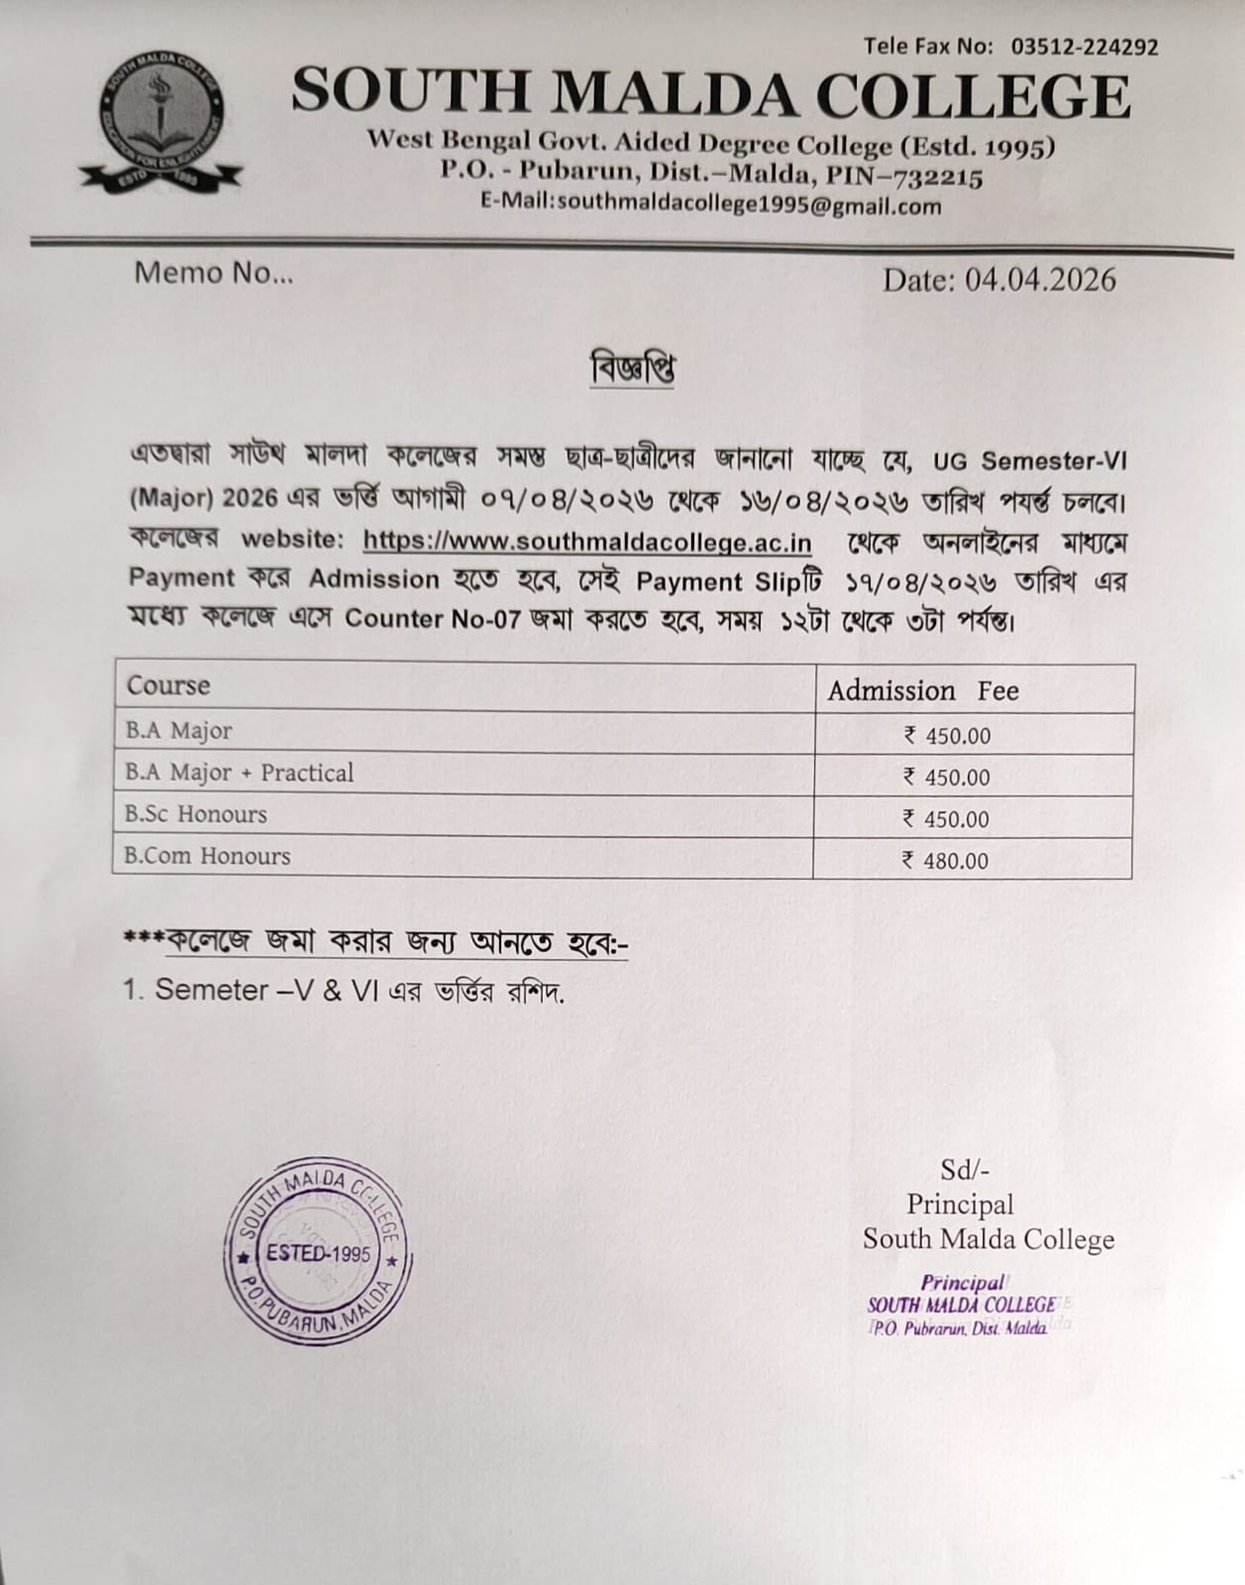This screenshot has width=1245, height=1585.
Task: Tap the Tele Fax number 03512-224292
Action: [x=1085, y=47]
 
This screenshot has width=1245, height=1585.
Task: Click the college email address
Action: [x=749, y=206]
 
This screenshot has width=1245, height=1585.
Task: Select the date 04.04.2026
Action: [x=1040, y=280]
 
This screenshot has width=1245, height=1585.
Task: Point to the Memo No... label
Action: [x=214, y=273]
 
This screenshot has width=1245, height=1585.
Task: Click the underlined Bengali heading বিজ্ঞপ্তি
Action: [x=632, y=370]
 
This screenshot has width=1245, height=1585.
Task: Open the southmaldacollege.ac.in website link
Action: [x=587, y=542]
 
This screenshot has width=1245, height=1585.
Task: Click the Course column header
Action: [x=168, y=686]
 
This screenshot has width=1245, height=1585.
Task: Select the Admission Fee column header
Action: [x=922, y=690]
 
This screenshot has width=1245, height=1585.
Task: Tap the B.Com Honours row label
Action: [x=207, y=856]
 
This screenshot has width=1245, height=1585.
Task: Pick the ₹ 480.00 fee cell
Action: [x=946, y=861]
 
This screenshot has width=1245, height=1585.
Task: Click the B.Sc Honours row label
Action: [x=196, y=814]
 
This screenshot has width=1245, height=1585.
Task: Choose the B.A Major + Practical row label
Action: [x=239, y=773]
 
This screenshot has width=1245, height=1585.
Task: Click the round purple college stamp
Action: [x=318, y=1251]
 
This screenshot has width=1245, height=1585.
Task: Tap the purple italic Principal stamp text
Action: [x=962, y=1283]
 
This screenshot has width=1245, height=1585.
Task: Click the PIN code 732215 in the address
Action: [x=938, y=178]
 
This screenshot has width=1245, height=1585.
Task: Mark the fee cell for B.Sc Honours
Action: [x=946, y=819]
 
